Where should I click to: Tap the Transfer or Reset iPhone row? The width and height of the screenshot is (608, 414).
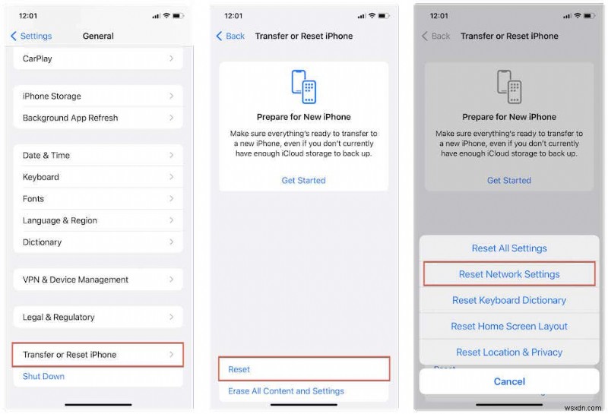pyautogui.click(x=98, y=355)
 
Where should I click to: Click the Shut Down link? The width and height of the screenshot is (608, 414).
pyautogui.click(x=43, y=377)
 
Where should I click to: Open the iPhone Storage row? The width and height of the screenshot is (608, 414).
pyautogui.click(x=98, y=96)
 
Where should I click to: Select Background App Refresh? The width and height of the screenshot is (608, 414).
pyautogui.click(x=98, y=119)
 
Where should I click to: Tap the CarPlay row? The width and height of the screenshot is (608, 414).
pyautogui.click(x=98, y=58)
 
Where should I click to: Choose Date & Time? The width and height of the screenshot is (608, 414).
pyautogui.click(x=98, y=156)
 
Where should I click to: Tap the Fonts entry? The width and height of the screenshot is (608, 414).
pyautogui.click(x=98, y=199)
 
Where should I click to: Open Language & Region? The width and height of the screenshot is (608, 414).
pyautogui.click(x=98, y=220)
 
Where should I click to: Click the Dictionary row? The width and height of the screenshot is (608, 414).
pyautogui.click(x=98, y=242)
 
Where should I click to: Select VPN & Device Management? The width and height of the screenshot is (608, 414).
pyautogui.click(x=98, y=280)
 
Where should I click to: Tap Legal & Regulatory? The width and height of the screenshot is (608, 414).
pyautogui.click(x=98, y=318)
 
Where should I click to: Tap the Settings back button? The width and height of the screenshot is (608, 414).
pyautogui.click(x=31, y=36)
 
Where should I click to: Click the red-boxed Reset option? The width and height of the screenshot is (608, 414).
pyautogui.click(x=303, y=369)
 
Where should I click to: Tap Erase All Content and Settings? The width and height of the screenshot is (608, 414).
pyautogui.click(x=286, y=391)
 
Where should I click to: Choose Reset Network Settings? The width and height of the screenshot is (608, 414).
pyautogui.click(x=509, y=274)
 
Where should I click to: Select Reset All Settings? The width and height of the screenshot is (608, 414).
pyautogui.click(x=509, y=248)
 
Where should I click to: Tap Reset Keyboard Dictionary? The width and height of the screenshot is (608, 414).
pyautogui.click(x=509, y=300)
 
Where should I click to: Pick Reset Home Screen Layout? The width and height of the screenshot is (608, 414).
pyautogui.click(x=509, y=326)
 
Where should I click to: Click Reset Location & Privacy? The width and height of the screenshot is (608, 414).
pyautogui.click(x=509, y=352)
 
